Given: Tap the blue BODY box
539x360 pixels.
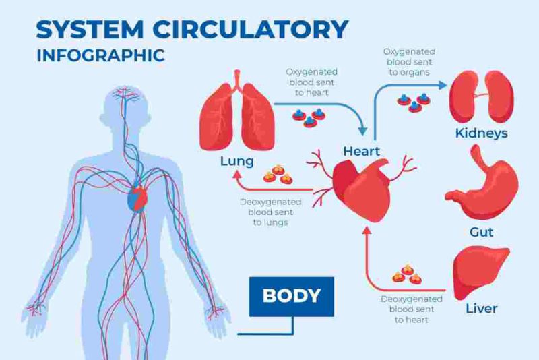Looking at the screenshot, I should pyautogui.click(x=291, y=295).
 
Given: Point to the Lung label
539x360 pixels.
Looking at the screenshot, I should pyautogui.click(x=236, y=162).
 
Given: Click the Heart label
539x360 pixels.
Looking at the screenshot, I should pyautogui.click(x=362, y=150).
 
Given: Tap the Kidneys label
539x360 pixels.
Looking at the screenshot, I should pyautogui.click(x=481, y=133).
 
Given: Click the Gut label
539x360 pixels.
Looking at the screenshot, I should pyautogui.click(x=481, y=233).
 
